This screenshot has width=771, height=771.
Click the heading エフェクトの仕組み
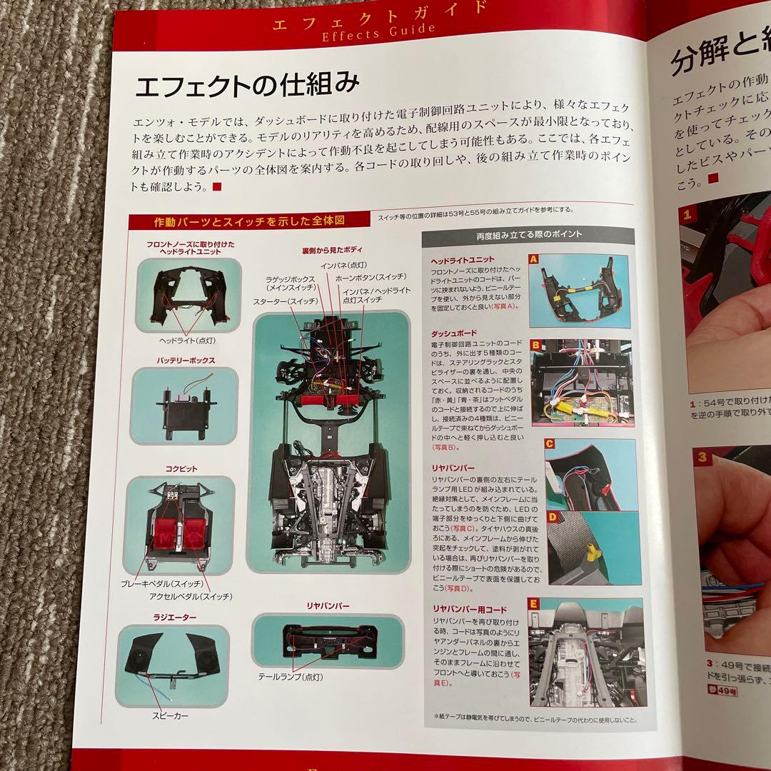[x=246, y=86]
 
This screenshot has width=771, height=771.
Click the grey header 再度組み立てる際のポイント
[x=528, y=234]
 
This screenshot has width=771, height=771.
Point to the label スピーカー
[x=171, y=715]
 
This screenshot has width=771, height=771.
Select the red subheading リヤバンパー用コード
[x=469, y=608]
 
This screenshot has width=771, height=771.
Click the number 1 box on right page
[x=686, y=213]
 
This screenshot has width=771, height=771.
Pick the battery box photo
[x=183, y=405]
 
